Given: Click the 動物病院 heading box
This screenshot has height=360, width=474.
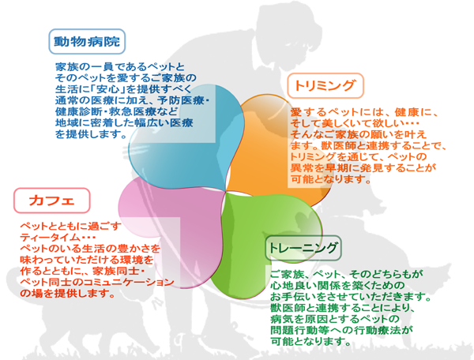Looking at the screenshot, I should pyautogui.click(x=87, y=39).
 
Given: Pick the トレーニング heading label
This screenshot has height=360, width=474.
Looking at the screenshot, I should pyautogui.click(x=305, y=249).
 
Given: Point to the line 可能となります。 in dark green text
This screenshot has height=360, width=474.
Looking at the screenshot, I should pyautogui.click(x=310, y=342).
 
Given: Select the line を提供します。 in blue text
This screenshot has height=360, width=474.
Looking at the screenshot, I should pyautogui.click(x=92, y=135).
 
